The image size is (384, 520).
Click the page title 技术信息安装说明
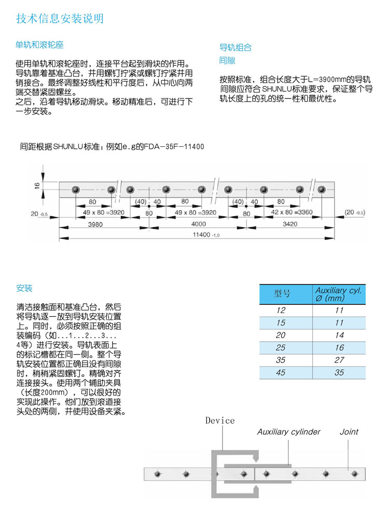tap(60, 19)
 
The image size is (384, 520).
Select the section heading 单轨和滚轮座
tap(39, 45)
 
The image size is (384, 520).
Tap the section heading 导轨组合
tap(236, 47)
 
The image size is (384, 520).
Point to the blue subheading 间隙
tap(227, 61)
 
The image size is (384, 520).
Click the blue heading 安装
tap(24, 288)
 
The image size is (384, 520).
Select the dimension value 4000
tap(199, 224)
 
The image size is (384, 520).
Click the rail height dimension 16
tap(37, 185)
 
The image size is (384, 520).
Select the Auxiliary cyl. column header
tap(339, 294)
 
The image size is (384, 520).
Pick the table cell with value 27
tap(339, 360)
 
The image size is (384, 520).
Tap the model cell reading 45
tap(281, 372)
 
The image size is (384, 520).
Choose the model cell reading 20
tap(281, 335)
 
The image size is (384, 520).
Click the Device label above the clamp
tap(220, 420)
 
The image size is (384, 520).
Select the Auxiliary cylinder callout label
tap(289, 432)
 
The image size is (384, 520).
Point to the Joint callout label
tap(349, 432)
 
